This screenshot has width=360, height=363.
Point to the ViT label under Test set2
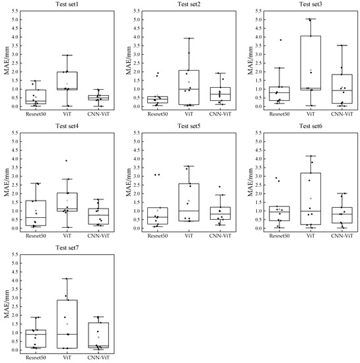[188, 114]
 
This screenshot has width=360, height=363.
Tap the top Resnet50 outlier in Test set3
[280, 40]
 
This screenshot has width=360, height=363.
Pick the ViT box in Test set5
[188, 202]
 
